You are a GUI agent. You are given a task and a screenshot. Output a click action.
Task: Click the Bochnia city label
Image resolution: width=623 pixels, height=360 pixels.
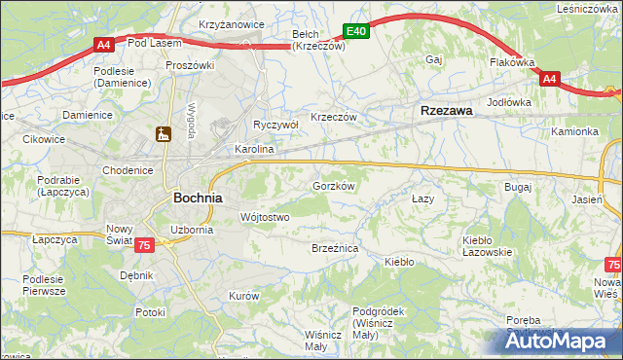198,197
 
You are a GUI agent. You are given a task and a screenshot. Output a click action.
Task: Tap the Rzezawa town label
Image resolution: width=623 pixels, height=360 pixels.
446,111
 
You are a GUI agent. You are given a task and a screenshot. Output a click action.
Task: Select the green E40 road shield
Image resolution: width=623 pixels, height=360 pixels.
356,32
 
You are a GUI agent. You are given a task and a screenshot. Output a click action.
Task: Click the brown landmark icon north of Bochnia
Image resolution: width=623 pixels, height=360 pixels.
164,133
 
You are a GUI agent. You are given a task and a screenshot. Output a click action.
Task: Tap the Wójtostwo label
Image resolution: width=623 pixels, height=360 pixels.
264,217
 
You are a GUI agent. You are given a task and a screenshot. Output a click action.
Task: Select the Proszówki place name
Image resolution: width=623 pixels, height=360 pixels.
189,65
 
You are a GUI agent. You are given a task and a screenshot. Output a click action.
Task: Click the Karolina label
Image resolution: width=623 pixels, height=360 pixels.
254,150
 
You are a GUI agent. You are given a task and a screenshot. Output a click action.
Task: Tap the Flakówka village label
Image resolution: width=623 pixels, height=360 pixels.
512,62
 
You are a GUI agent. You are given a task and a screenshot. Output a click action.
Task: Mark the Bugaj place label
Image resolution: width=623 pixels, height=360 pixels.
516,186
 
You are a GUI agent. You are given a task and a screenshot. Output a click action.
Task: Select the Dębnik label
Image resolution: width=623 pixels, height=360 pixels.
136,275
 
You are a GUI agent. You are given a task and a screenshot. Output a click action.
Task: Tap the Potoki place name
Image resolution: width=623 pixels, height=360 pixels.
151,312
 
